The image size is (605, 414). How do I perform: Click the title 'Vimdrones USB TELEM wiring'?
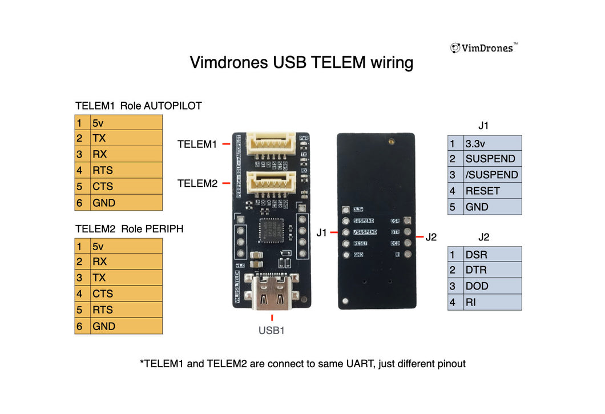(301, 62)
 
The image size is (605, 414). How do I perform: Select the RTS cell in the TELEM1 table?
(126, 170)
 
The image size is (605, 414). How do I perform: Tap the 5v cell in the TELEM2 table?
(126, 246)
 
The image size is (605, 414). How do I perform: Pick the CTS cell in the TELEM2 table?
(126, 294)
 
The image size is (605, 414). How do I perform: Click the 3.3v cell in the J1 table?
(492, 143)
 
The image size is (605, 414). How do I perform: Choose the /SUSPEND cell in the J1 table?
(492, 175)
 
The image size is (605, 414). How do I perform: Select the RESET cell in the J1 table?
(492, 191)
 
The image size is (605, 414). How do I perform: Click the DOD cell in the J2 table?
(492, 286)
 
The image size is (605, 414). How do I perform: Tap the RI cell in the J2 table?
(492, 302)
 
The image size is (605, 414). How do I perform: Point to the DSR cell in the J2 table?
(492, 255)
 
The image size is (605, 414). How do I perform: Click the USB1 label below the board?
(272, 330)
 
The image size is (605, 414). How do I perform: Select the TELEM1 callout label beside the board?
(197, 144)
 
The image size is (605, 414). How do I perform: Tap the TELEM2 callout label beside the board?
(197, 183)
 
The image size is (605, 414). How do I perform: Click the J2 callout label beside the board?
(431, 237)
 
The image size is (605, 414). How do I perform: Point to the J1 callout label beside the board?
(322, 232)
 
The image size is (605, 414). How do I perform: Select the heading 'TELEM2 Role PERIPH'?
(129, 229)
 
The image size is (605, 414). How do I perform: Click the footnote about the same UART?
(302, 363)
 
